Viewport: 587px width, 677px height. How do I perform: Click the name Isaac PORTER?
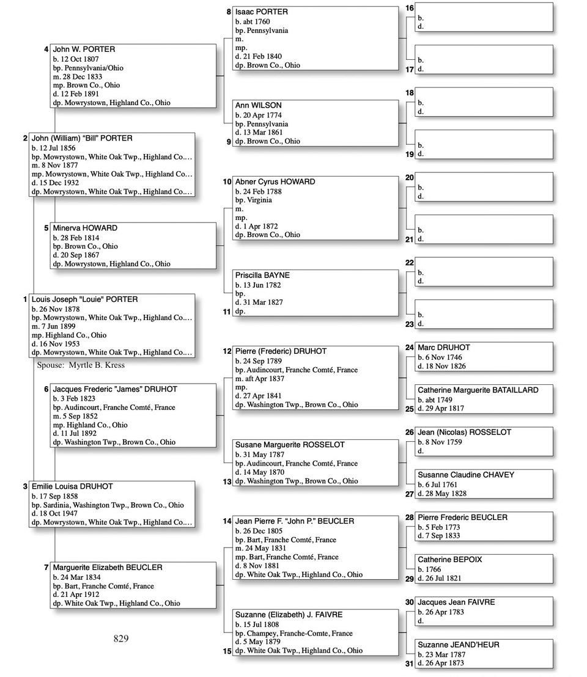(261, 12)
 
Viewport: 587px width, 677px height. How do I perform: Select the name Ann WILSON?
(258, 106)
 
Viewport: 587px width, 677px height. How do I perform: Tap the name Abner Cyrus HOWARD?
(275, 182)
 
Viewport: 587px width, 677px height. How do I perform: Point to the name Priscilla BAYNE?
(262, 276)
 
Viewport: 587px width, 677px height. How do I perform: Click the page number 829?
(121, 639)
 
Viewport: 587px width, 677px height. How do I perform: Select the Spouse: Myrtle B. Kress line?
(81, 365)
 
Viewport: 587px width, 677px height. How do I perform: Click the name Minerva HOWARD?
(85, 229)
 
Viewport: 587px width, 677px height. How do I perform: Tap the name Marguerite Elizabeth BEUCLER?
(108, 568)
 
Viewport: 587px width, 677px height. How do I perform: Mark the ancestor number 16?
(410, 8)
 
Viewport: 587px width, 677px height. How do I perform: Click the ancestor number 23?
(410, 324)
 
